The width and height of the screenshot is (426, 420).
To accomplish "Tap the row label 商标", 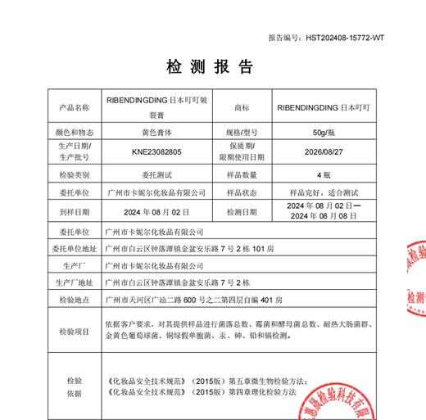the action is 241,107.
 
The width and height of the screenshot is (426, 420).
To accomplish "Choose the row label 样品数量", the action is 241,175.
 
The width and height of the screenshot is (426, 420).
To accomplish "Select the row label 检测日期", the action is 241,212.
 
